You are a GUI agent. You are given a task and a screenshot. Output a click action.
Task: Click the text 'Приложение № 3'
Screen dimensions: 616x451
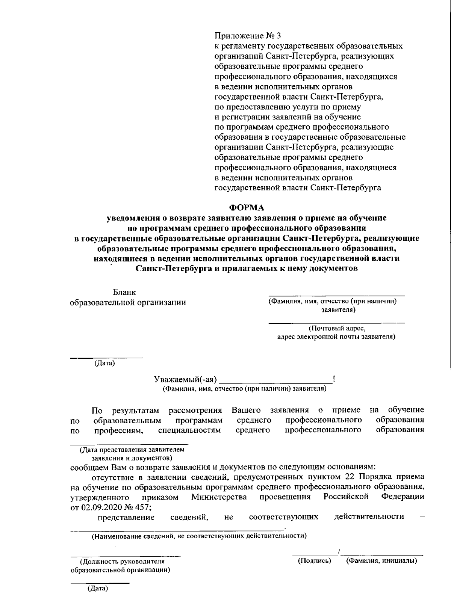pos(248,36)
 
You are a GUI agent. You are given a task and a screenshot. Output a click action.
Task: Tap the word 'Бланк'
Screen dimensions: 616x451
pos(124,292)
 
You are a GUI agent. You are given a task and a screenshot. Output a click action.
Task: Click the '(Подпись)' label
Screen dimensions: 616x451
pos(314,561)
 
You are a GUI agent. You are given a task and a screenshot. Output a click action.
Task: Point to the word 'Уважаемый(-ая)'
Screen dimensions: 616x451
pos(185,379)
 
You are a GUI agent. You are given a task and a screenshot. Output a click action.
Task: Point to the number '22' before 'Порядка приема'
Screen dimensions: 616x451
pos(348,477)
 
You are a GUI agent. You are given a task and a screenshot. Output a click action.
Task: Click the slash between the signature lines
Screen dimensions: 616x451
pos(339,552)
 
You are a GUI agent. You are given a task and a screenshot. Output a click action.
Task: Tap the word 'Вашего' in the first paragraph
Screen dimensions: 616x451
pos(246,409)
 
